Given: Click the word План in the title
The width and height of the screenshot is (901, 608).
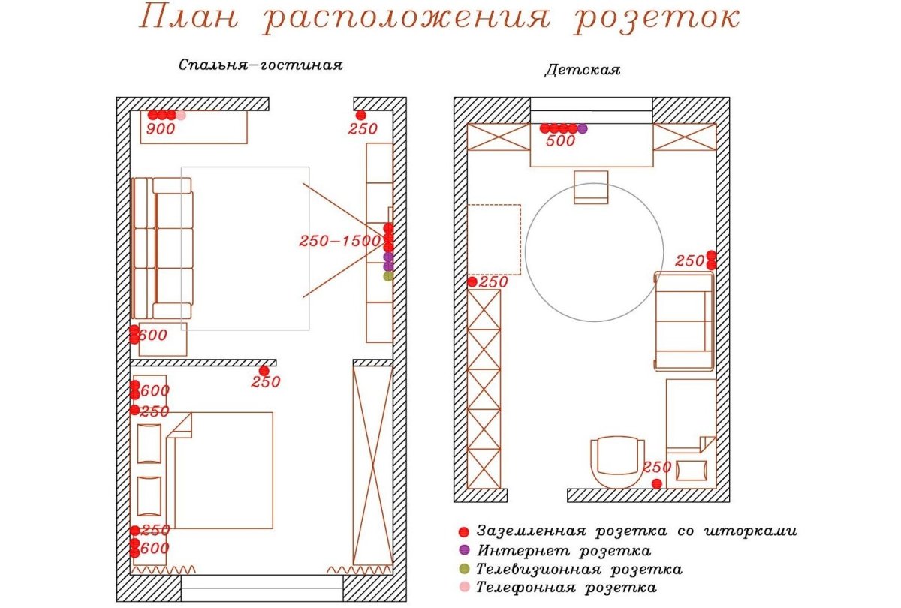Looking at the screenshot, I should [191, 19].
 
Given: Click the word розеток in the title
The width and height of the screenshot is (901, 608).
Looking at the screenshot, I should [656, 19].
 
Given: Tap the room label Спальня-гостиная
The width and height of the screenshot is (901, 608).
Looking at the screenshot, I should [261, 65].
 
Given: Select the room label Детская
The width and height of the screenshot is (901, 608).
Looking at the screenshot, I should [582, 71].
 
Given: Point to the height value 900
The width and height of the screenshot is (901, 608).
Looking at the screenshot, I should [160, 129].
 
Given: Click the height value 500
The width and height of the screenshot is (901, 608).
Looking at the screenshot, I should [560, 141].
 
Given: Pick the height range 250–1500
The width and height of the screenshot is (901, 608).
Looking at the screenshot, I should [340, 242].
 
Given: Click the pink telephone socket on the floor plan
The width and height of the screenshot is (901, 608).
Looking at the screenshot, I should [181, 115].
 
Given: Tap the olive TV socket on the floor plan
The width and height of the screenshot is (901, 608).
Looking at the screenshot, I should [388, 276].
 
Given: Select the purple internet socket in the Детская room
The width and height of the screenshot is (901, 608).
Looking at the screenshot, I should [583, 128].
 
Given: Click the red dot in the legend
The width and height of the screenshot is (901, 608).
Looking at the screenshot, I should [464, 531].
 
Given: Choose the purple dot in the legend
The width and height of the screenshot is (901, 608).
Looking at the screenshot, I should [464, 550].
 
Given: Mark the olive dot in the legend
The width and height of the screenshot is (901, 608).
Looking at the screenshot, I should [464, 569].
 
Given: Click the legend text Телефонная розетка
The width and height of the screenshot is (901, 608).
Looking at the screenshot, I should [567, 588].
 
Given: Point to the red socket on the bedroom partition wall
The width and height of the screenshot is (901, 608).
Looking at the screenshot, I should [264, 371].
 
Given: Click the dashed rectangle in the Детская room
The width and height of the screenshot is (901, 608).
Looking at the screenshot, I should [494, 239].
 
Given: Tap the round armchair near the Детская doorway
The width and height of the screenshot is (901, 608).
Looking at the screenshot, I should [617, 462].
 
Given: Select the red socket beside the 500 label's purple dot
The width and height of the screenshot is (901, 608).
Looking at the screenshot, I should [573, 128].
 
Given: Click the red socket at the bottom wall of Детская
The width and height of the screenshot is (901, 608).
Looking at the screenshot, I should [657, 483].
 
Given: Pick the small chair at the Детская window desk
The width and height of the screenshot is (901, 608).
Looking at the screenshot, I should [591, 187].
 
